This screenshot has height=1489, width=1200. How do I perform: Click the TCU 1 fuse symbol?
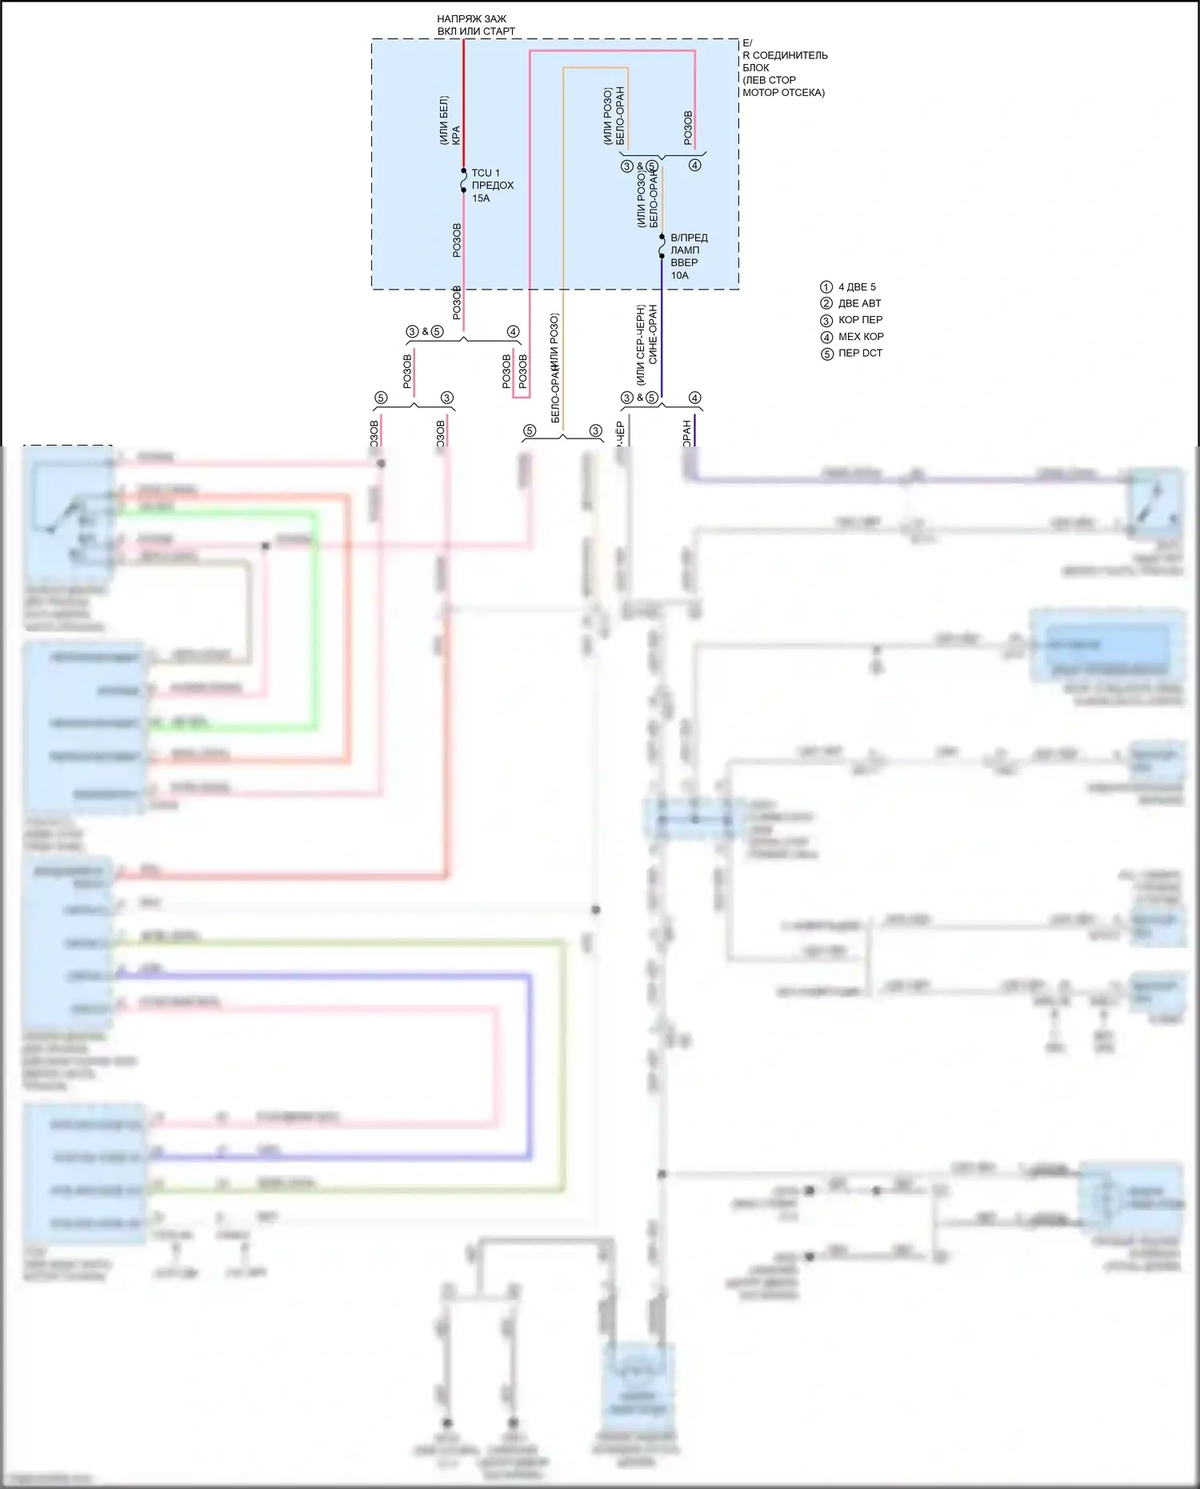tap(464, 181)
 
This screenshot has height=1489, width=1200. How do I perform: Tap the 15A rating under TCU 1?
tap(481, 198)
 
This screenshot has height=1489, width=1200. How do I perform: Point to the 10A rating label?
tap(679, 275)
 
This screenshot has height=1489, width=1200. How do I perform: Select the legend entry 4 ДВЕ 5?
tap(856, 287)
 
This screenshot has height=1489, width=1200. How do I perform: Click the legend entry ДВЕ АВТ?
tap(859, 303)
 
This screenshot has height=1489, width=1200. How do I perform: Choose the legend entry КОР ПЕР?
tap(860, 320)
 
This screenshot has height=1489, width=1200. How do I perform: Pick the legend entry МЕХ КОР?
tap(861, 337)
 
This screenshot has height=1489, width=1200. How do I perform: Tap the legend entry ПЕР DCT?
tap(860, 353)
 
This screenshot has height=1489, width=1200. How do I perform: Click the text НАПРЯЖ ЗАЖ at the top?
tap(471, 18)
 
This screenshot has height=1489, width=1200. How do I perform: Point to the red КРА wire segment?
tap(464, 104)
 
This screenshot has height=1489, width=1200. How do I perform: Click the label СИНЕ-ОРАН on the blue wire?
tap(653, 334)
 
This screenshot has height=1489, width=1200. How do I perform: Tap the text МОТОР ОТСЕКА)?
tap(783, 92)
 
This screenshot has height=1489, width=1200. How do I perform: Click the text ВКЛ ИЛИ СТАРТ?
tap(476, 31)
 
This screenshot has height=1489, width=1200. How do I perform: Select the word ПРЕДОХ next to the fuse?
tap(493, 186)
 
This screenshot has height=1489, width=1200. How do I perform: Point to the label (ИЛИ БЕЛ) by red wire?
tap(444, 120)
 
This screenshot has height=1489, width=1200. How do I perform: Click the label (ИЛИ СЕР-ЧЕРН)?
tap(641, 344)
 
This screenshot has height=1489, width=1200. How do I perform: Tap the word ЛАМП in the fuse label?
tap(685, 250)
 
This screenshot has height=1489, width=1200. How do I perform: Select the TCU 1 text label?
tap(486, 173)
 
